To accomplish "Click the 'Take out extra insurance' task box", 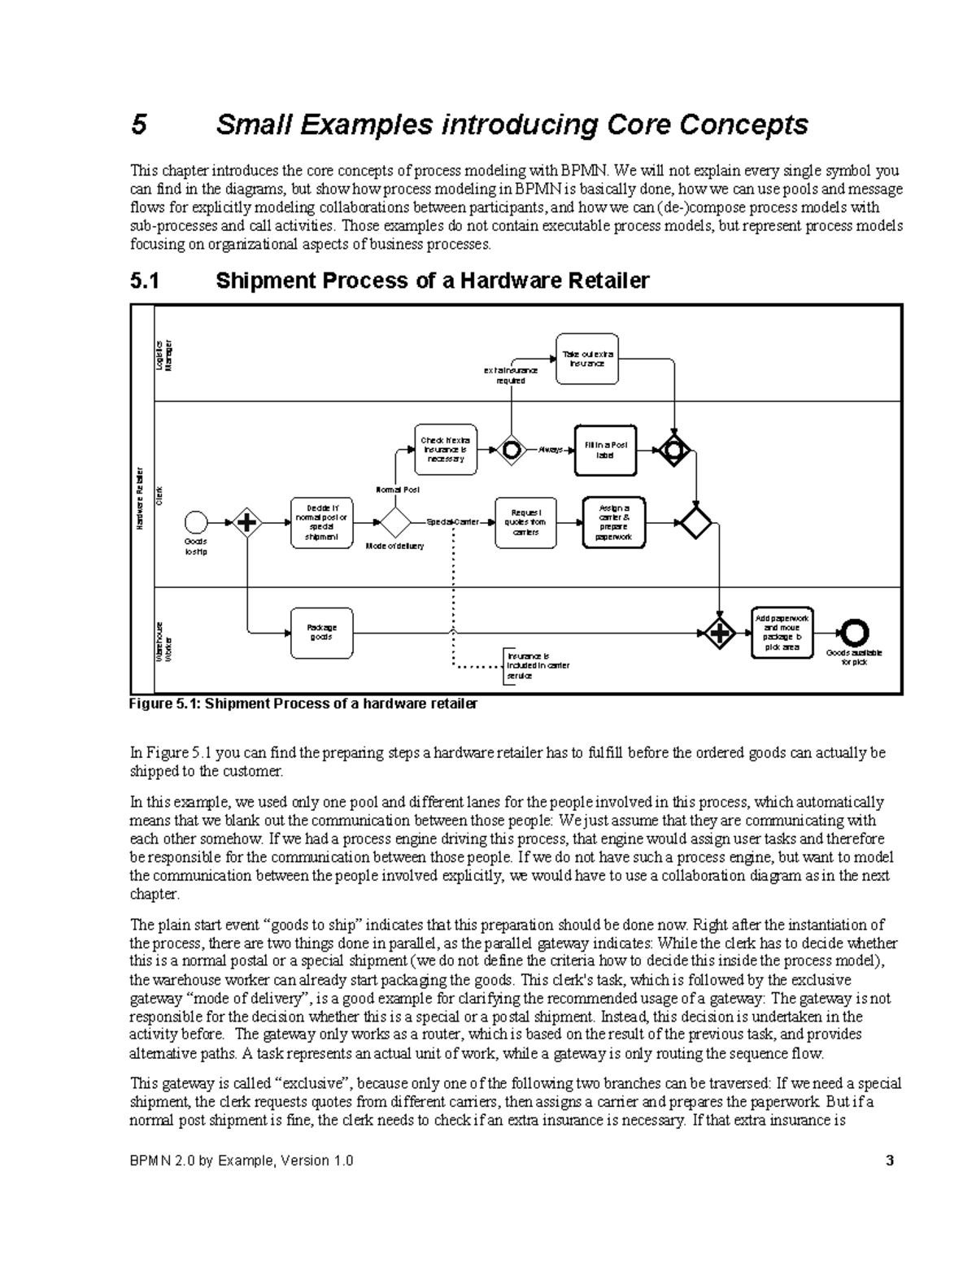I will pyautogui.click(x=586, y=359).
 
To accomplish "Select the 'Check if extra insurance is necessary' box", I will pyautogui.click(x=445, y=449).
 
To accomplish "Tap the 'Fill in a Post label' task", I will pyautogui.click(x=605, y=450).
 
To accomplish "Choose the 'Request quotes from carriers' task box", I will pyautogui.click(x=525, y=522).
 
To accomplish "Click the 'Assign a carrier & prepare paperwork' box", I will pyautogui.click(x=613, y=522).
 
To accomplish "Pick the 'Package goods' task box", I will pyautogui.click(x=321, y=633).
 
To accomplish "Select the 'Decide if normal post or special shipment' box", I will pyautogui.click(x=321, y=522).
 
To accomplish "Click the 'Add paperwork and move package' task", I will pyautogui.click(x=782, y=633).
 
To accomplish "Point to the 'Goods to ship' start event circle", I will pyautogui.click(x=196, y=522).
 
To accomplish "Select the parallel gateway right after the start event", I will pyautogui.click(x=246, y=522).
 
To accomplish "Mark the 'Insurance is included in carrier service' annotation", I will pyautogui.click(x=538, y=665).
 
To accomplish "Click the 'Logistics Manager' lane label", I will pyautogui.click(x=165, y=355).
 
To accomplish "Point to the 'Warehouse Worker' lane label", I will pyautogui.click(x=165, y=642).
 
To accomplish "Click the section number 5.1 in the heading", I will pyautogui.click(x=146, y=281).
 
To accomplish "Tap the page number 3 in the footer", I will pyautogui.click(x=890, y=1161).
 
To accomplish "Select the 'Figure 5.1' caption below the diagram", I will pyautogui.click(x=303, y=703).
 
